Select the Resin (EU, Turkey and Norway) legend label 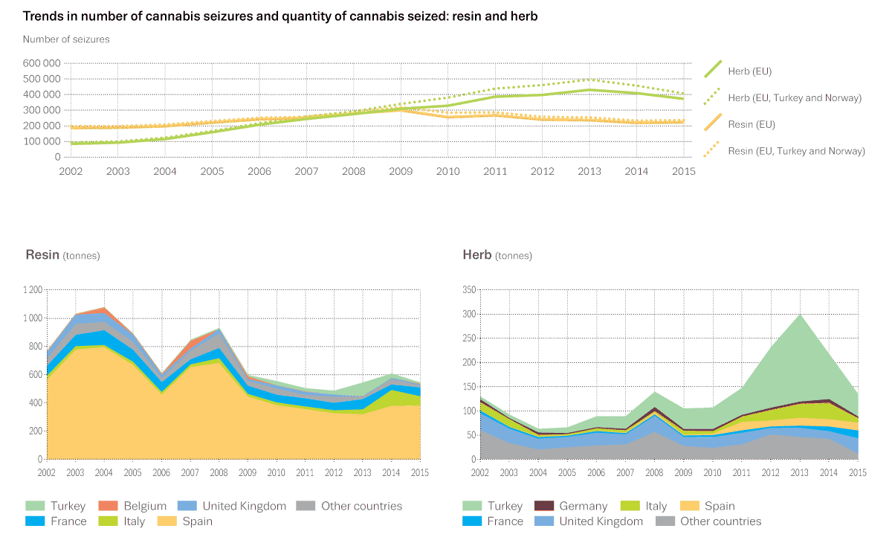tap(796, 151)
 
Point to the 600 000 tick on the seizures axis tap(42, 63)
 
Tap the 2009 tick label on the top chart tap(401, 172)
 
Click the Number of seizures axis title tap(66, 39)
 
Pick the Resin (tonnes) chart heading tap(62, 255)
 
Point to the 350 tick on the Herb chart tap(469, 290)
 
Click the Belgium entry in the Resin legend tap(144, 507)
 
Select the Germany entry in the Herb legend tap(584, 507)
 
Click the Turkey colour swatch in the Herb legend tap(471, 507)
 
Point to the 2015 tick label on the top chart tap(683, 172)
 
